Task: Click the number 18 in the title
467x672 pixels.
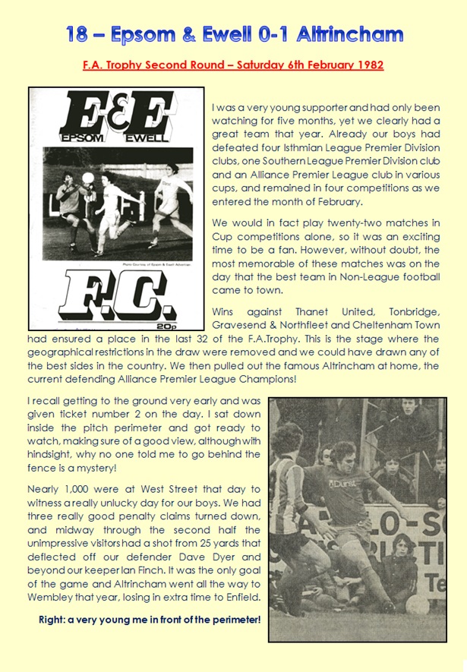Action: pos(77,34)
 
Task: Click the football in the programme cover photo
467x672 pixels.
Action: pos(87,178)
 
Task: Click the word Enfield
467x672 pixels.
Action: pos(239,598)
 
